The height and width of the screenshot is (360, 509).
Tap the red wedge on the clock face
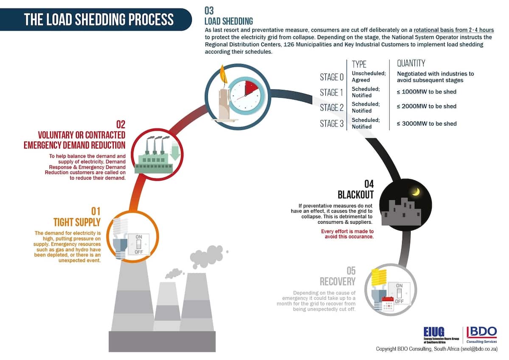pos(251,87)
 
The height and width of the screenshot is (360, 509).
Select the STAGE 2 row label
pos(332,107)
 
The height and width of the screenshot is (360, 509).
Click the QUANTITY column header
pos(411,63)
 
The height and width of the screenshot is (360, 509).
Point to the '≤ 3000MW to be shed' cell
pos(427,124)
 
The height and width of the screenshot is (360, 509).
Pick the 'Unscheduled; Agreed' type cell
pos(369,77)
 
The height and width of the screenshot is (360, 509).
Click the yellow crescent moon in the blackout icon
pos(416,192)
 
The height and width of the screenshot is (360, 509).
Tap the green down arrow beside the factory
pos(175,151)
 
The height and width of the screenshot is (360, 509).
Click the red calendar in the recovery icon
pos(388,304)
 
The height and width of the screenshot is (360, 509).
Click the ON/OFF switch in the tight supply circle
pos(139,244)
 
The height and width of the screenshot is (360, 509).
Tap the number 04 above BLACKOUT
pos(369,184)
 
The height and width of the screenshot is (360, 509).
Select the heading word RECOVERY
pos(338,281)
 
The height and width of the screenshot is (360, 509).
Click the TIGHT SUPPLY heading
pos(77,222)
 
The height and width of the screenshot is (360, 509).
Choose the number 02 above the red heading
pos(120,124)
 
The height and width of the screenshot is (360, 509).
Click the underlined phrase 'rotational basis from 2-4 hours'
pos(454,30)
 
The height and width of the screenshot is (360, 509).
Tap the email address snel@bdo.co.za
pos(479,349)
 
